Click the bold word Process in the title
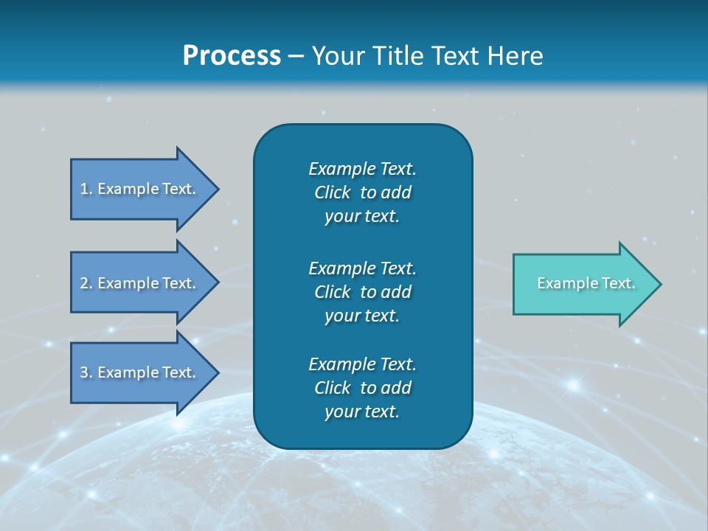click(232, 56)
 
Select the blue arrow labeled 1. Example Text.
click(140, 189)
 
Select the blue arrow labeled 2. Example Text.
click(140, 283)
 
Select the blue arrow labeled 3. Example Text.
click(140, 372)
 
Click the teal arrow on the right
click(583, 284)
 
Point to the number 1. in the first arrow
click(86, 189)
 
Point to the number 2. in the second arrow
click(86, 283)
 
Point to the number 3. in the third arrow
click(86, 372)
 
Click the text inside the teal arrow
click(586, 283)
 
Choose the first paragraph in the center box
click(362, 192)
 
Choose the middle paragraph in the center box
click(362, 291)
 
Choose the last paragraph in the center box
click(362, 388)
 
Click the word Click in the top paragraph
click(332, 192)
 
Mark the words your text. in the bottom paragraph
click(362, 412)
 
